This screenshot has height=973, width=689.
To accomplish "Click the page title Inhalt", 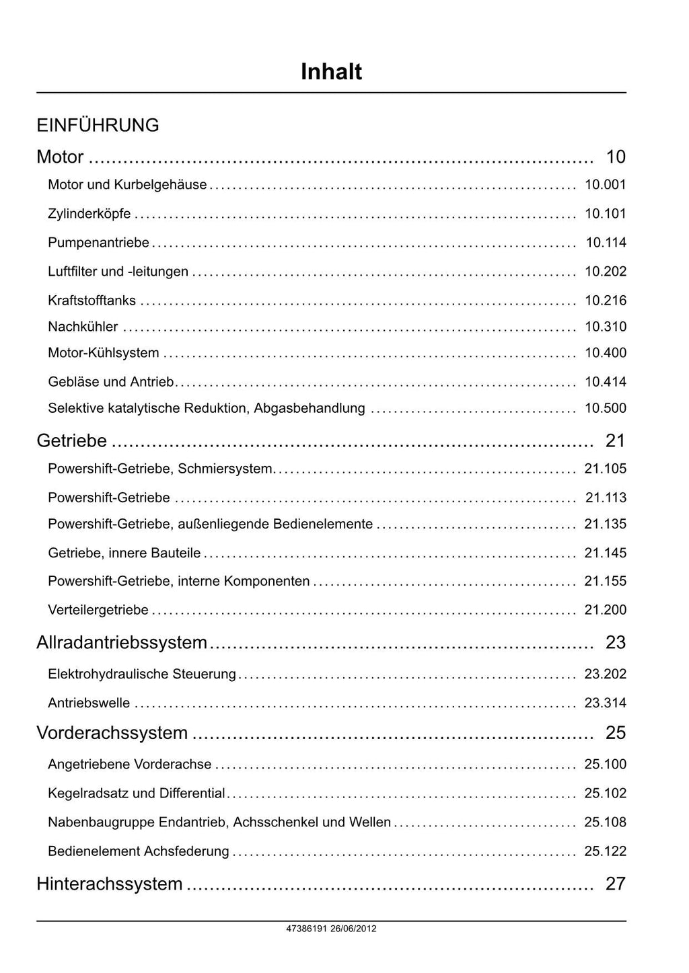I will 331,72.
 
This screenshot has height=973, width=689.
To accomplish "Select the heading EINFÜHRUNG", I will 98,125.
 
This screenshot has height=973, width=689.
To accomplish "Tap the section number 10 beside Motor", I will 616,157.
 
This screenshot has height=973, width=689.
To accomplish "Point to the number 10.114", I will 606,243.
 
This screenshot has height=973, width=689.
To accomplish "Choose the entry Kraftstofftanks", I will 92,301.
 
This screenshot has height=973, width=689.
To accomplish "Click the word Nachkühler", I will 83,327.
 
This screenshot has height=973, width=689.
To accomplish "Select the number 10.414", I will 606,382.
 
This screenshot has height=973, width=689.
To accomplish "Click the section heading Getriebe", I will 71,440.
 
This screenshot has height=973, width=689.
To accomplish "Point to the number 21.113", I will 606,498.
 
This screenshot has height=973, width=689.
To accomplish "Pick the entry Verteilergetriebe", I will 98,610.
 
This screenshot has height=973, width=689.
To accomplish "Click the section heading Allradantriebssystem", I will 122,642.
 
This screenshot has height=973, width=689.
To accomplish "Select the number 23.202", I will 606,674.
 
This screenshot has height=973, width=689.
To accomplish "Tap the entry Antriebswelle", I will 89,703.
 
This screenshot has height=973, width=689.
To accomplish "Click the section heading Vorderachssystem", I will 112,732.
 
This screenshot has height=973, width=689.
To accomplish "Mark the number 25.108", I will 606,822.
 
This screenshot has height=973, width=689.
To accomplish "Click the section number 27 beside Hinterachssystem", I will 616,883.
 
